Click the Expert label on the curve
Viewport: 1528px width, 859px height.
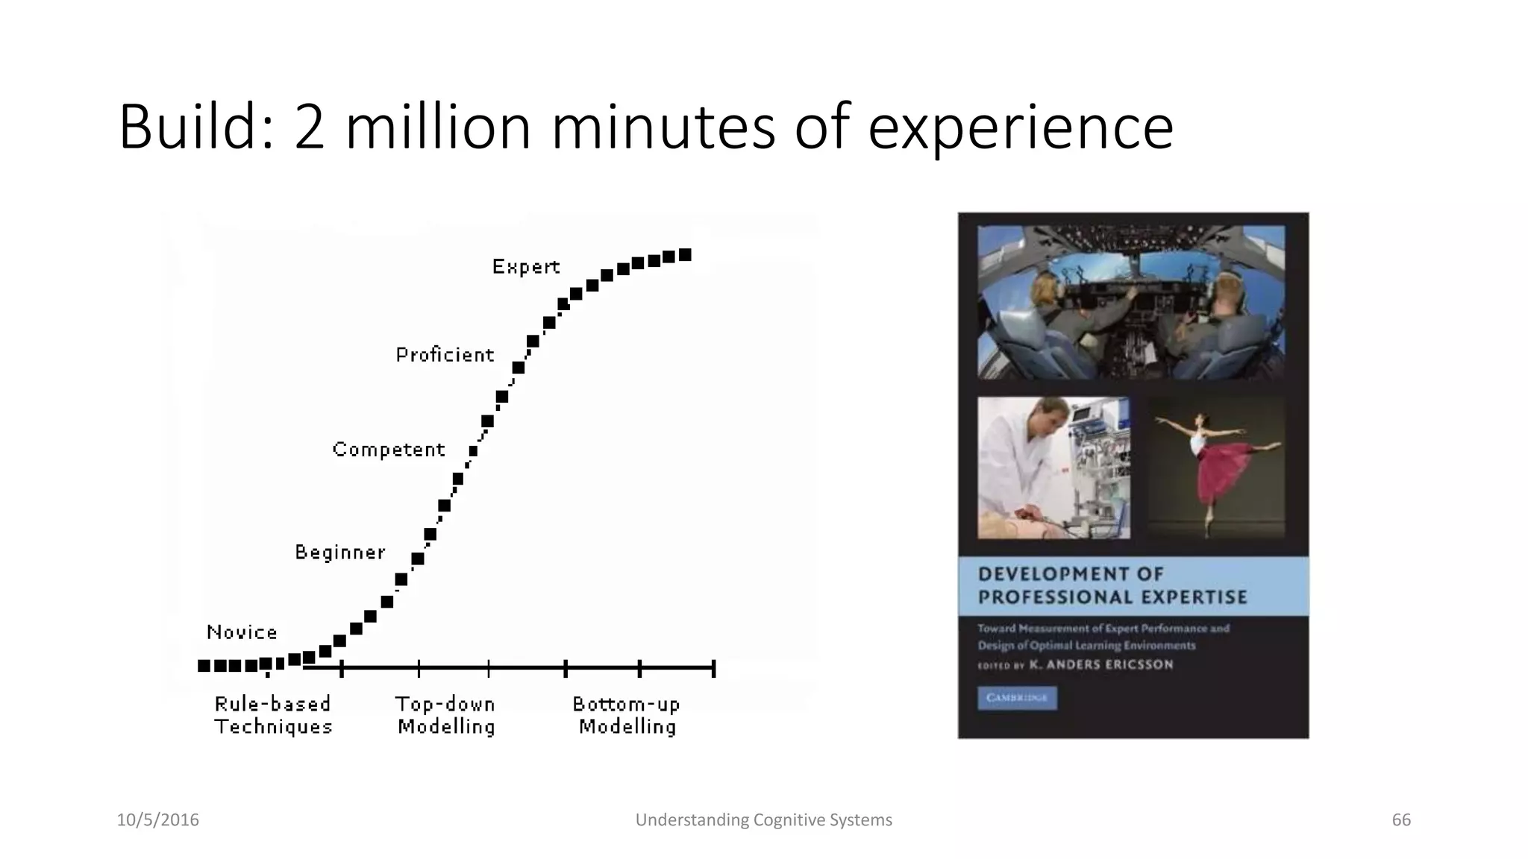tap(525, 267)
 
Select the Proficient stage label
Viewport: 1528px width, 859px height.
tap(445, 355)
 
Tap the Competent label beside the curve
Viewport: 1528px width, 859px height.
tap(388, 450)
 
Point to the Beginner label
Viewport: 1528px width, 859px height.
tap(340, 553)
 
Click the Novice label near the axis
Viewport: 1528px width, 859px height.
tap(242, 632)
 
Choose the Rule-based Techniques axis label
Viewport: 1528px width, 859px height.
tap(273, 715)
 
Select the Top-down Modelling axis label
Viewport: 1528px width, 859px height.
tap(446, 715)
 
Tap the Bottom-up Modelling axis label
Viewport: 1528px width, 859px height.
tap(627, 715)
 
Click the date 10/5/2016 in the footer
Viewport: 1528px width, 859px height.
tap(158, 820)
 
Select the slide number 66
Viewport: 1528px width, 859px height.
tap(1401, 820)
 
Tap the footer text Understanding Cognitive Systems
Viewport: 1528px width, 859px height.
tap(763, 820)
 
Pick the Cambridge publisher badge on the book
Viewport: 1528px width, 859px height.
tap(1017, 698)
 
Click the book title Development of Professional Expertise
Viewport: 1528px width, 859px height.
tap(1112, 585)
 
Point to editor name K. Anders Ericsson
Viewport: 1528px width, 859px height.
tap(1100, 664)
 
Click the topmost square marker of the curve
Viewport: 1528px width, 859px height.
tap(685, 255)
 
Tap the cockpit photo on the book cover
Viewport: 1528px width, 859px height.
tap(1131, 303)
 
